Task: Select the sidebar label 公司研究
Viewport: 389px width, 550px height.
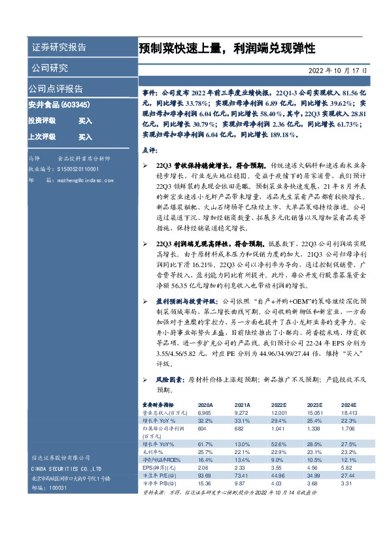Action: click(48, 68)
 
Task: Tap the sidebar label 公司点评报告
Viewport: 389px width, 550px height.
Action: click(56, 88)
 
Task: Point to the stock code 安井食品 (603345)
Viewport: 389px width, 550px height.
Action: click(59, 104)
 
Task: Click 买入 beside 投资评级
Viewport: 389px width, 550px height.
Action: click(85, 121)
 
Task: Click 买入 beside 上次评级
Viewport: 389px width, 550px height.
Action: click(85, 137)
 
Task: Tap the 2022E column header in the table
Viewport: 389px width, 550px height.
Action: click(279, 405)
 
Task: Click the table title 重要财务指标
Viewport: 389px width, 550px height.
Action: click(158, 405)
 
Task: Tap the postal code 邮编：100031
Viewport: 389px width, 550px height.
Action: click(45, 487)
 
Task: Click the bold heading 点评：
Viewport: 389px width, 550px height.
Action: click(150, 151)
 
